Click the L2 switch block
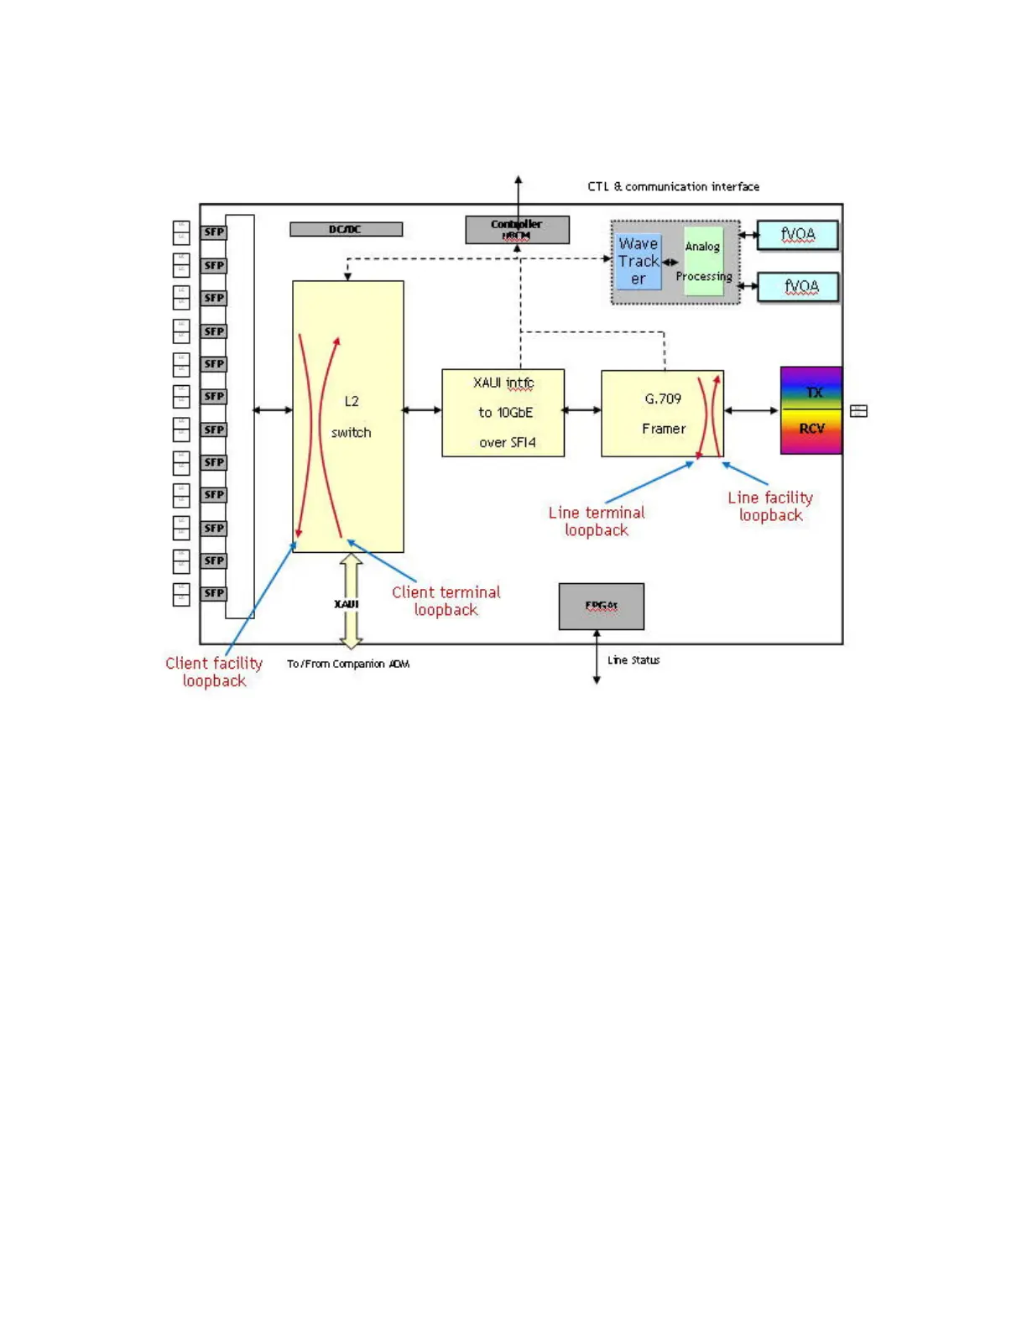click(348, 416)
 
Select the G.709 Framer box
click(662, 413)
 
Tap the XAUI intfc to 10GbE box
click(503, 413)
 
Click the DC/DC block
click(346, 229)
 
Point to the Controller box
click(517, 229)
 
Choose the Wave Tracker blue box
click(639, 261)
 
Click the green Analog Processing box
click(703, 261)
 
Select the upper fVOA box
click(797, 235)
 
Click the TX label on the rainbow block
click(813, 392)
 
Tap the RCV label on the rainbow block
click(811, 429)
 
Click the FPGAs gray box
click(602, 606)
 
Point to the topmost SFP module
click(214, 232)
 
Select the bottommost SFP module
click(214, 593)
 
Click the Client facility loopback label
click(214, 672)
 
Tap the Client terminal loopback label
click(446, 601)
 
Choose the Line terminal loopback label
click(597, 521)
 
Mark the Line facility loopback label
click(770, 506)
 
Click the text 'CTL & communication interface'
click(673, 186)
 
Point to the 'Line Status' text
click(633, 660)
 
